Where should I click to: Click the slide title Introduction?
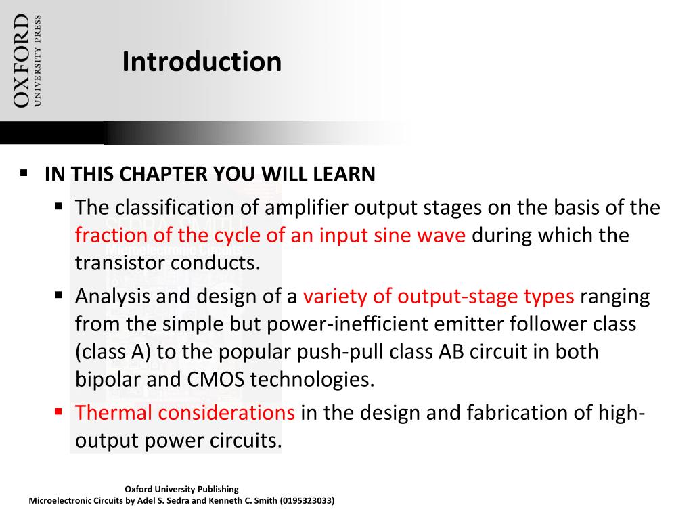(x=202, y=62)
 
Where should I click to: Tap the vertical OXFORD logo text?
(x=22, y=61)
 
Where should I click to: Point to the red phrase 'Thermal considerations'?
(x=185, y=412)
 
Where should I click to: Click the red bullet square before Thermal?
(x=59, y=410)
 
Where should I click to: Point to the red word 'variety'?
(x=331, y=297)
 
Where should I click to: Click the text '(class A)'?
(x=108, y=352)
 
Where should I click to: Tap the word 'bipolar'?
(x=108, y=379)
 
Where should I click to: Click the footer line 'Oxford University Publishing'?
(x=182, y=489)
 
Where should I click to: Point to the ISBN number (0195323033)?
(x=307, y=501)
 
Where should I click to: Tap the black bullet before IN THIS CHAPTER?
(x=24, y=173)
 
